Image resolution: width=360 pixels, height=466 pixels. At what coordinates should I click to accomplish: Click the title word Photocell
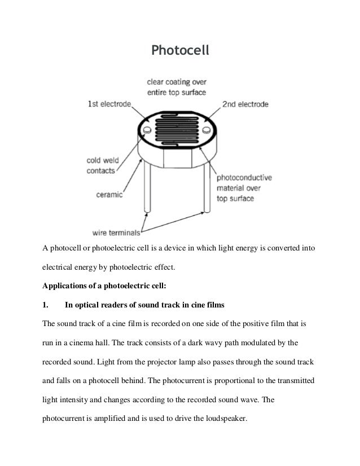[x=180, y=51]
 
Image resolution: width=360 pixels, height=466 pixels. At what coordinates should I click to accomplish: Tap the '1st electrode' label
[x=109, y=104]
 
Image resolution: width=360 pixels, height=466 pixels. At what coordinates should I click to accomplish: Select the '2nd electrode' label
[x=245, y=104]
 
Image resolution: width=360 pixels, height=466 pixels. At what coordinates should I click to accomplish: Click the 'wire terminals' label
[x=116, y=231]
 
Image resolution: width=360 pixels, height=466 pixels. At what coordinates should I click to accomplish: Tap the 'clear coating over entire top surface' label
[x=176, y=86]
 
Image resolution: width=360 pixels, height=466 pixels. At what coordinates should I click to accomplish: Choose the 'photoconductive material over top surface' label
[x=244, y=188]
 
